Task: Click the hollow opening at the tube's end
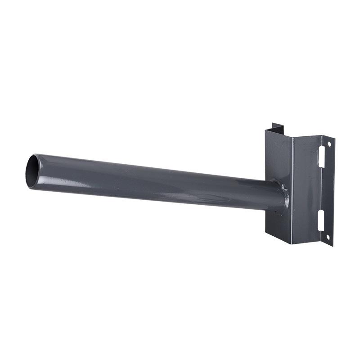coord(32,171)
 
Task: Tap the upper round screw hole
coord(329,144)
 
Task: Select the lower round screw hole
coord(328,237)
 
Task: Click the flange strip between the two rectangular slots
coord(325,189)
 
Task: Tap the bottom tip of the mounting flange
coord(331,246)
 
